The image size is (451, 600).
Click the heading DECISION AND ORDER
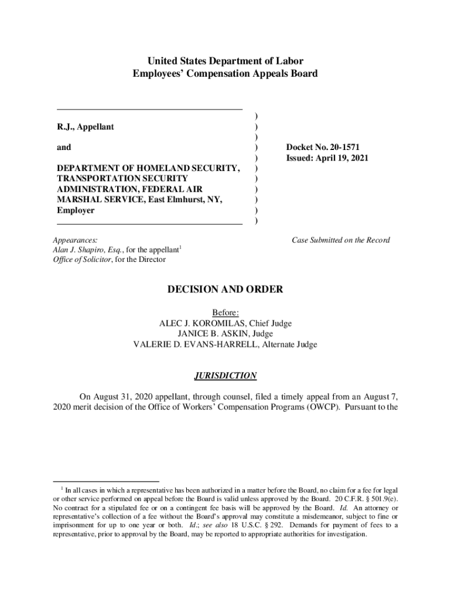tap(225, 289)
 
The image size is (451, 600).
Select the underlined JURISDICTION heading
tap(225, 376)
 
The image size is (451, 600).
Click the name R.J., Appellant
tap(86, 127)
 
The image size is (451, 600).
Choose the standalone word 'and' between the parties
tap(64, 148)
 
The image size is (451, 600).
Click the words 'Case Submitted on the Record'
tap(341, 240)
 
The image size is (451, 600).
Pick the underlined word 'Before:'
tap(225, 313)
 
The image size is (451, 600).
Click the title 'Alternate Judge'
tap(289, 345)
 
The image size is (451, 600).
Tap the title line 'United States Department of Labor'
tap(225, 61)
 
